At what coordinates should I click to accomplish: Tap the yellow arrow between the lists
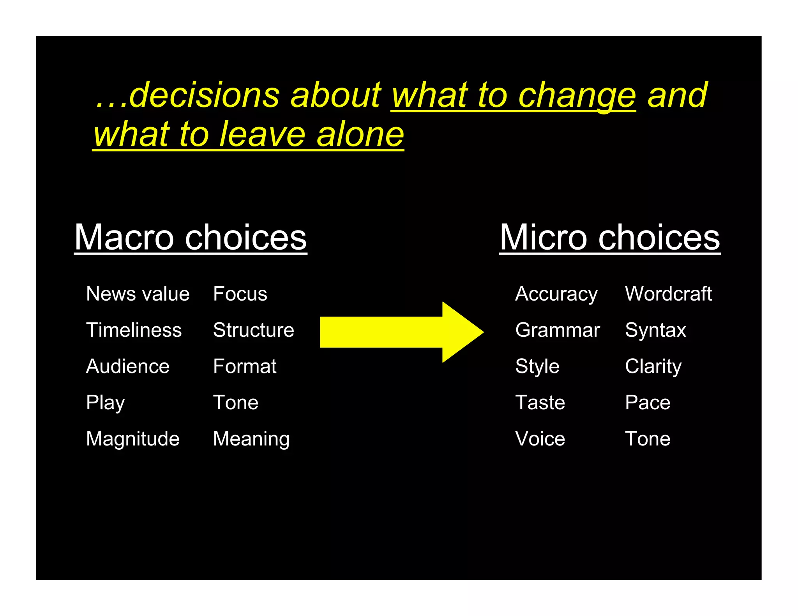(401, 332)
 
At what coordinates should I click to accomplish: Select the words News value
(138, 294)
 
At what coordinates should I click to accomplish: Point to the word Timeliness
(134, 330)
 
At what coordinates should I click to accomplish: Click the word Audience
(128, 366)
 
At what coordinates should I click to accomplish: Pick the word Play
(105, 403)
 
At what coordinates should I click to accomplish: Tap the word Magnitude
(133, 439)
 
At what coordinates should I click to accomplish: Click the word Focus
(240, 294)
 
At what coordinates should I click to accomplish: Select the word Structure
(254, 330)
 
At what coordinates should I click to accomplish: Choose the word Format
(245, 366)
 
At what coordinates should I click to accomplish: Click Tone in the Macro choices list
(236, 402)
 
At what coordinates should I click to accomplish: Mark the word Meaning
(251, 439)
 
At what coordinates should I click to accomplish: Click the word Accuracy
(556, 294)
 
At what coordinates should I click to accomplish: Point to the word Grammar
(558, 330)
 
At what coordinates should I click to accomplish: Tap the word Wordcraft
(668, 294)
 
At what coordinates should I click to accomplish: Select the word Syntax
(655, 330)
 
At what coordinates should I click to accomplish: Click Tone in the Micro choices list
(648, 439)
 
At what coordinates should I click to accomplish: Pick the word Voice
(540, 439)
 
